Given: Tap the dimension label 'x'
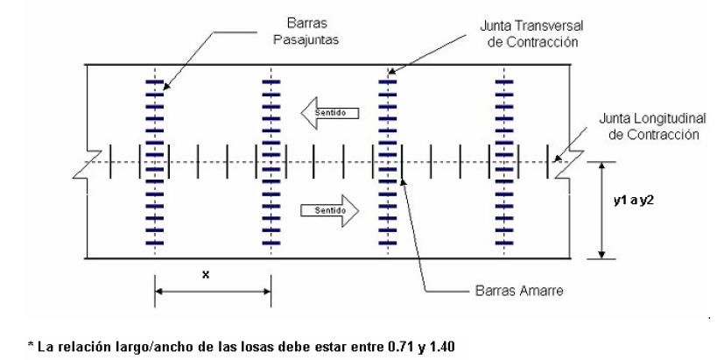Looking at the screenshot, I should (206, 273).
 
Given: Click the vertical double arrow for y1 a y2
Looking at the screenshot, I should (601, 210).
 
